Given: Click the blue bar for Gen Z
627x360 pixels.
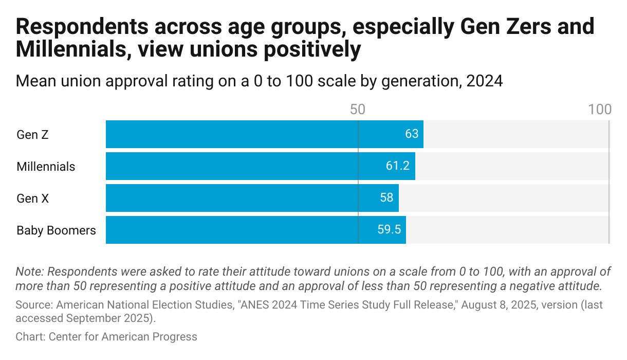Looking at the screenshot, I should (257, 134).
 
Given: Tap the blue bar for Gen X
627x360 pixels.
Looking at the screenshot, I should (247, 198).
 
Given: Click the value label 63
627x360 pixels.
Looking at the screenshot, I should (412, 134).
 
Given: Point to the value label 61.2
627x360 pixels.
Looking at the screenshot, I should (398, 166).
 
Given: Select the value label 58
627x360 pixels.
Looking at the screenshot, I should (386, 198).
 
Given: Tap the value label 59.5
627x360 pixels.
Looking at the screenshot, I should (389, 230).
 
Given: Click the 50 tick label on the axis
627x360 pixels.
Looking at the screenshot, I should (357, 109).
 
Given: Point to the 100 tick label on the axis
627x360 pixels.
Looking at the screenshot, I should (600, 109).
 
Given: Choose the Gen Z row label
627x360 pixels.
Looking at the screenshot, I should (32, 135).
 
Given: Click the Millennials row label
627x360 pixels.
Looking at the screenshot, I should (46, 167).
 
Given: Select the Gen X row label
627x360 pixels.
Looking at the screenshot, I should (32, 199).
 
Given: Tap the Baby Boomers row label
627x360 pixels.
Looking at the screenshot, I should (56, 230).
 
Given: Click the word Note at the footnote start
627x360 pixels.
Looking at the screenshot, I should (29, 272).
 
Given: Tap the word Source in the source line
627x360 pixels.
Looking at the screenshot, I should (33, 305).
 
